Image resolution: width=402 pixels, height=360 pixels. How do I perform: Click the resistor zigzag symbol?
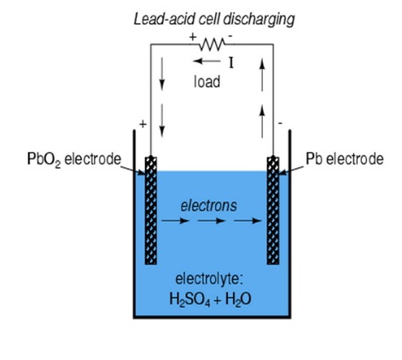[x=212, y=44]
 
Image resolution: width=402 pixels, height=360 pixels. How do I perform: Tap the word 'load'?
[x=207, y=82]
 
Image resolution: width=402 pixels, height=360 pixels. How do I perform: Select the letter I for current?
[x=231, y=63]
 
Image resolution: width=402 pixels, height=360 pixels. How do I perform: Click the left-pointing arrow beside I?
[x=207, y=61]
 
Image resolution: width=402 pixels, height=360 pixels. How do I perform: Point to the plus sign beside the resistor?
[x=193, y=37]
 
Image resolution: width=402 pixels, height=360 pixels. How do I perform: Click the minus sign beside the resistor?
[x=230, y=36]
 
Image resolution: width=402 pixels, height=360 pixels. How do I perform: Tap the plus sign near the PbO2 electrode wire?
[x=143, y=124]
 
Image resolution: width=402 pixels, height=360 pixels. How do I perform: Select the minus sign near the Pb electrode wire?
[x=280, y=123]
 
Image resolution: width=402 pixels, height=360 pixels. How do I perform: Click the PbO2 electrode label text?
[x=74, y=160]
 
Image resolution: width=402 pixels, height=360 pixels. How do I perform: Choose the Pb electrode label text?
[x=345, y=159]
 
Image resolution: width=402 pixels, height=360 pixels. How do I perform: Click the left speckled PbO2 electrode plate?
[x=151, y=211]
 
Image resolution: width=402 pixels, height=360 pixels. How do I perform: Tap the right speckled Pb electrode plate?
[x=273, y=211]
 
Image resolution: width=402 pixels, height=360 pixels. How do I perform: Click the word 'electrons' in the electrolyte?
[x=208, y=206]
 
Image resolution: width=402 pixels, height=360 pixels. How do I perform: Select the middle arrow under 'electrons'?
[x=212, y=221]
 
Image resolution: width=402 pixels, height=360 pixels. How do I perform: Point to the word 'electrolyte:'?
[x=209, y=279]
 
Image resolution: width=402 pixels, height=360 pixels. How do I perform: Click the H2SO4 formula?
[x=189, y=299]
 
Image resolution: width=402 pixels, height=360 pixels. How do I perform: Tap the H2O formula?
[x=238, y=299]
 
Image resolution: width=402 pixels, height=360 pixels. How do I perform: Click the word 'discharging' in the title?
[x=259, y=20]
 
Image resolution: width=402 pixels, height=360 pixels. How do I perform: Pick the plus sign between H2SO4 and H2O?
[x=218, y=300]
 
